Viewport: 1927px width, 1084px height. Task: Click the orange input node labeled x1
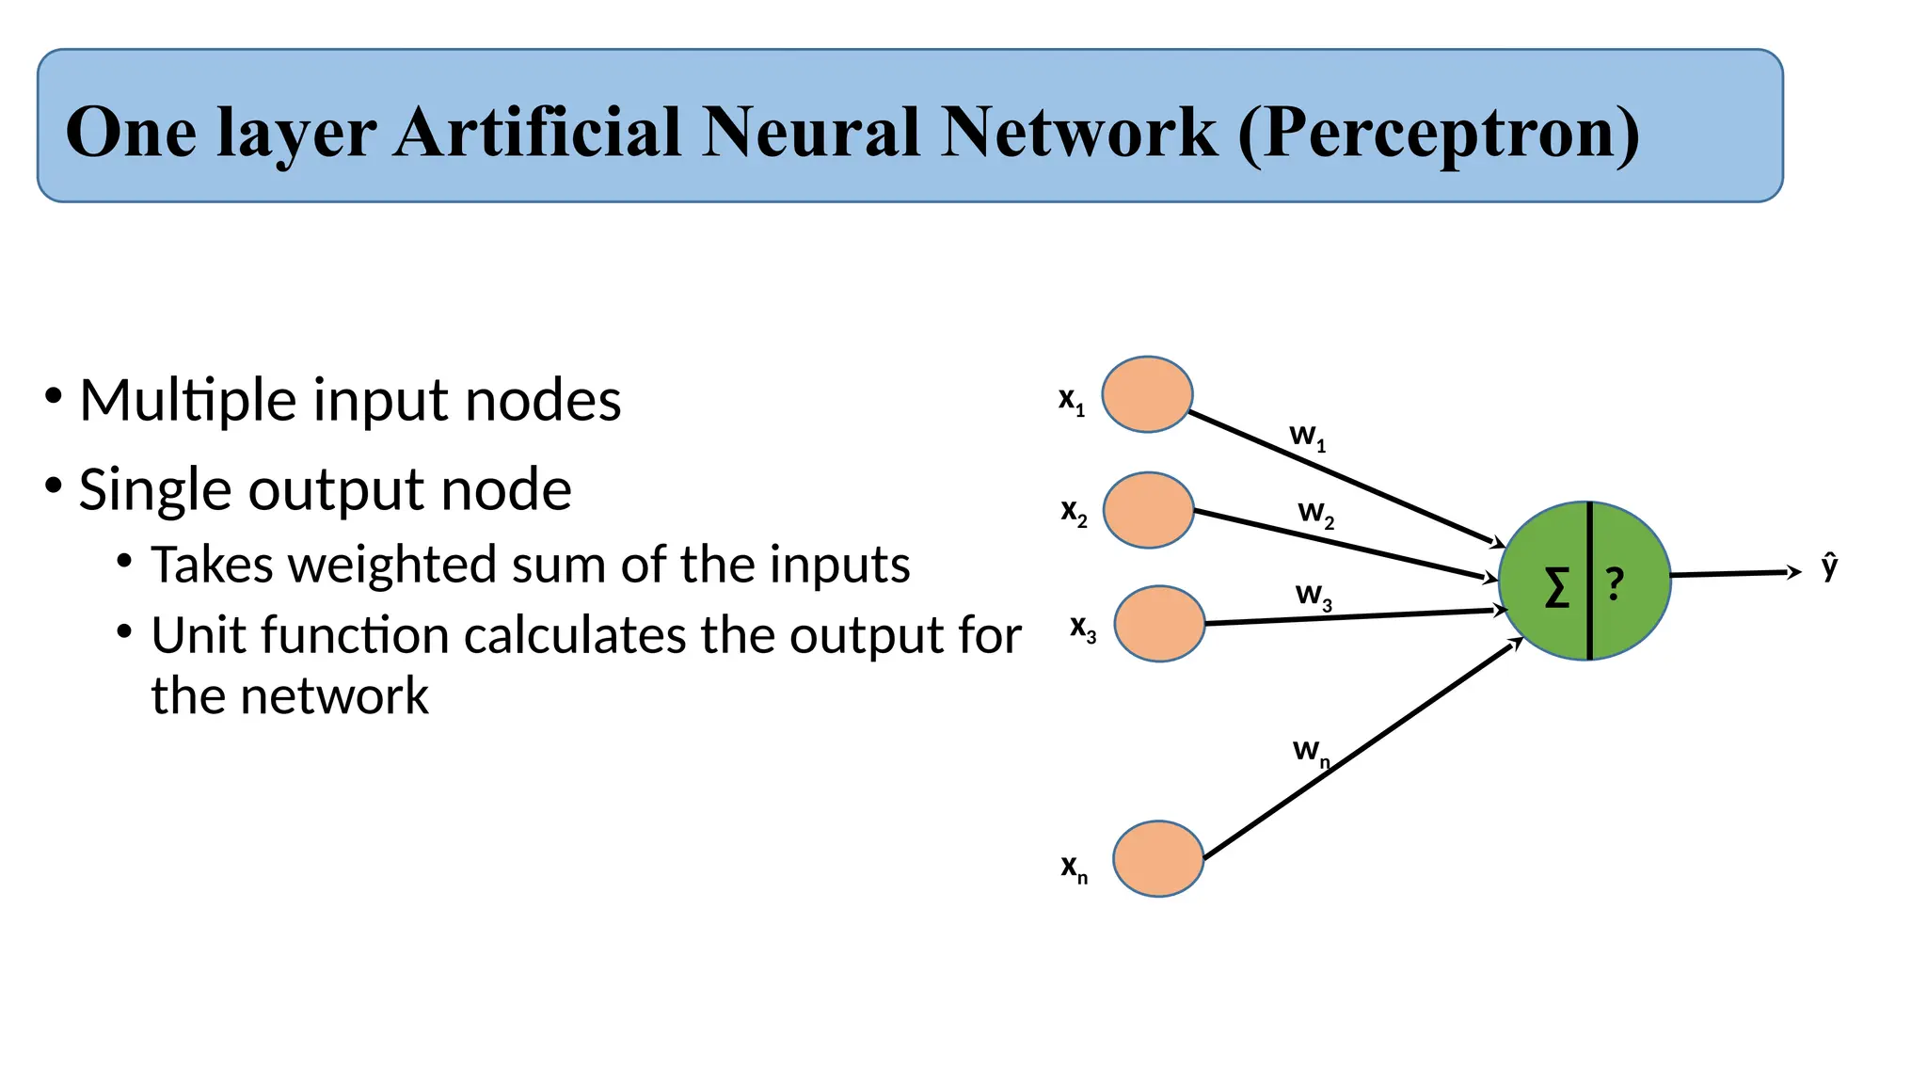point(1147,394)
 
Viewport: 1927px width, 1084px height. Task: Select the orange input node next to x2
point(1148,510)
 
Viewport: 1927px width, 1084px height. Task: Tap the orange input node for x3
point(1159,624)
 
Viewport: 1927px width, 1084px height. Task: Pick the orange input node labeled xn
point(1158,858)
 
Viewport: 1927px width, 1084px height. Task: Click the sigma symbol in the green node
point(1557,588)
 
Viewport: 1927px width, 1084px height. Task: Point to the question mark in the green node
point(1615,584)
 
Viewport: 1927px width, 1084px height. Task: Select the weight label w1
point(1307,437)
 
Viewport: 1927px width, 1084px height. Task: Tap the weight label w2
point(1315,514)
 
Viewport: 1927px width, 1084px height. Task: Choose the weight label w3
point(1314,596)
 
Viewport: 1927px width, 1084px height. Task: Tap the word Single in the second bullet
point(152,490)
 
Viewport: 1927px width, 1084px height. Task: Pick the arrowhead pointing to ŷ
point(1794,571)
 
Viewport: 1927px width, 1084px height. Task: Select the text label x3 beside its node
point(1083,629)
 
